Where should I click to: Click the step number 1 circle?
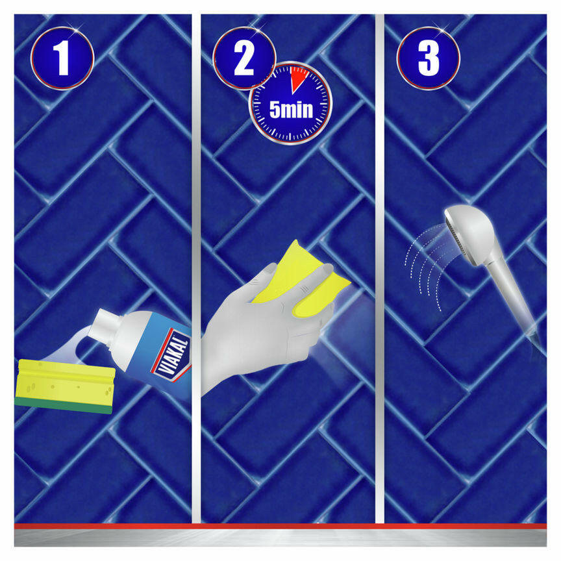[x=62, y=58]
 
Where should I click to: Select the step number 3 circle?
[x=428, y=58]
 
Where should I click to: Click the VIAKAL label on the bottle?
[x=171, y=353]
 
